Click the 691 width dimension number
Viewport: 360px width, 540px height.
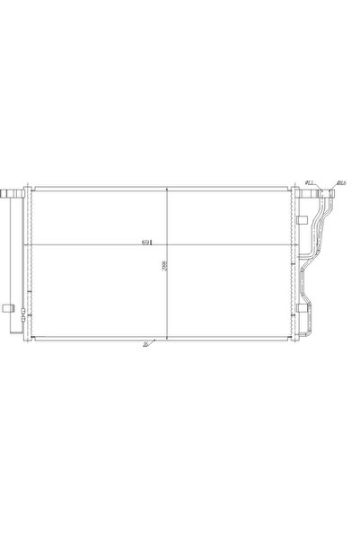pyautogui.click(x=145, y=243)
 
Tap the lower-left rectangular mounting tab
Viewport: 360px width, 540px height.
pyautogui.click(x=7, y=310)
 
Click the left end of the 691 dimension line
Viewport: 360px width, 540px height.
pyautogui.click(x=32, y=246)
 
